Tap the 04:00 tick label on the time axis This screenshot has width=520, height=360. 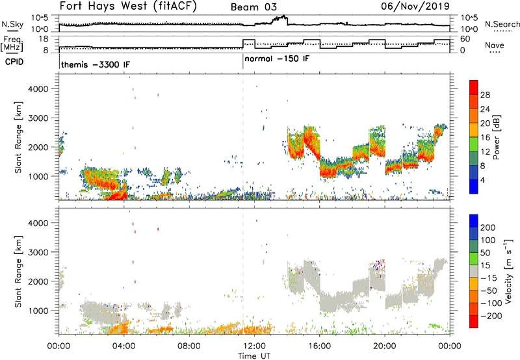(123, 346)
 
